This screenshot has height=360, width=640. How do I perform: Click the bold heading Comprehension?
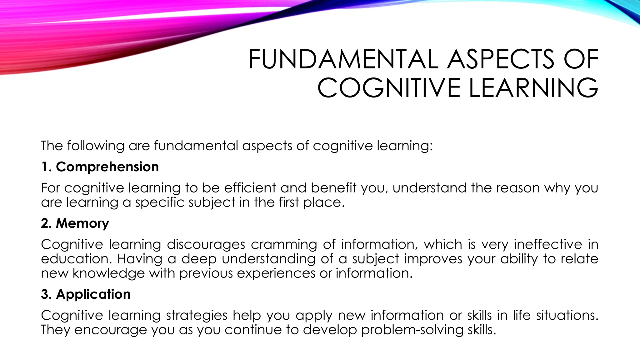pos(107,167)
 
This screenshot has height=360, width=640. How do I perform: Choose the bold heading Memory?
pos(82,223)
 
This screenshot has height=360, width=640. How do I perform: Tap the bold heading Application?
pos(93,294)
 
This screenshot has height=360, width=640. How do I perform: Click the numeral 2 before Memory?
pos(45,223)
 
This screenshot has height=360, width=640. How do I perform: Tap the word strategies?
pos(197,315)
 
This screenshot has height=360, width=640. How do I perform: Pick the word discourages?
pos(206,244)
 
